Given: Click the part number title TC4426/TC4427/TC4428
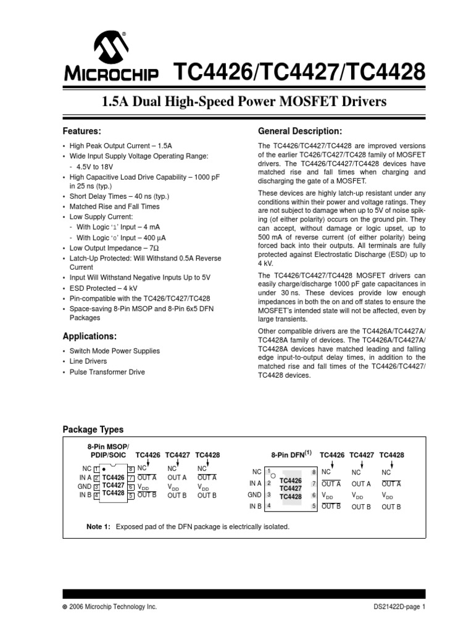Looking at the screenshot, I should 301,73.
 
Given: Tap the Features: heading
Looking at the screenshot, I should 82,131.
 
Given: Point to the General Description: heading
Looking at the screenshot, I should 299,131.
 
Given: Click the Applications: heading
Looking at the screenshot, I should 89,336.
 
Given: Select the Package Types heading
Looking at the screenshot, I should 93,430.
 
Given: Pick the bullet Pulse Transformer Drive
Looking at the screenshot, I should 106,372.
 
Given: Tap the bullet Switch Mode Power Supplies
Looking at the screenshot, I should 114,351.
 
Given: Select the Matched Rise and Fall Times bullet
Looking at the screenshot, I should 114,207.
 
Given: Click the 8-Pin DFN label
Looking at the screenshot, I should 288,454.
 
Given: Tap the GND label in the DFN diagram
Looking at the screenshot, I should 254,495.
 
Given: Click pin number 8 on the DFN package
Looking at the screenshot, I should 314,472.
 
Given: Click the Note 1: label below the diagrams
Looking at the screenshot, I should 98,526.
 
